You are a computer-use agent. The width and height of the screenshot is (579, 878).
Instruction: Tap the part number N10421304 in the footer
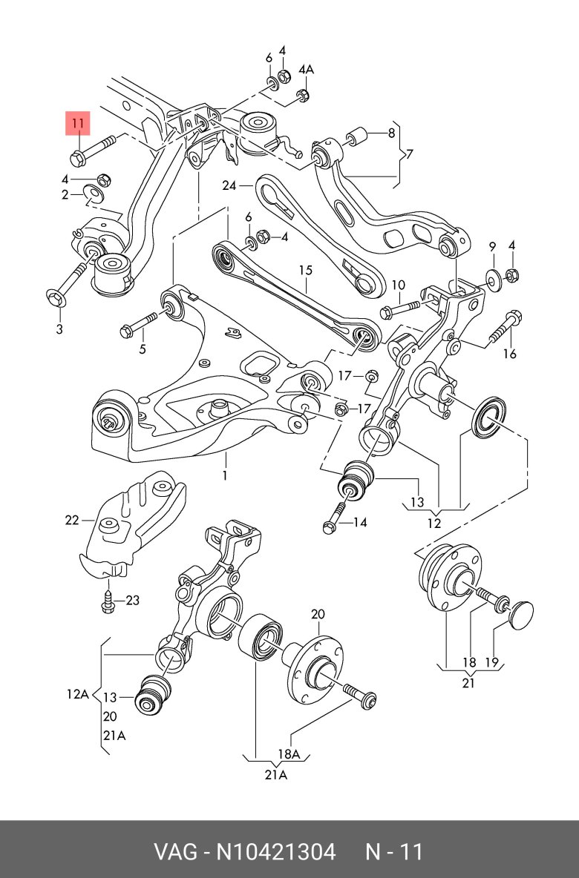275,851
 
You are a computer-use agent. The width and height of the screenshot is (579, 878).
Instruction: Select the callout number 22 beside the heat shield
71,521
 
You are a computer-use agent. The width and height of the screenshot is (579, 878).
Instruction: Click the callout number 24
228,186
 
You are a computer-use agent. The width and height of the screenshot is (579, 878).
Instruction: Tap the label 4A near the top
306,70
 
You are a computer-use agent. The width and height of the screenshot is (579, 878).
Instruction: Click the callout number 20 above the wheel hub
318,614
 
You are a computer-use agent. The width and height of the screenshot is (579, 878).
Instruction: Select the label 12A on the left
77,695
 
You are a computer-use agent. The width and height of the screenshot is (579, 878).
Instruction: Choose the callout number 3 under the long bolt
59,329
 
